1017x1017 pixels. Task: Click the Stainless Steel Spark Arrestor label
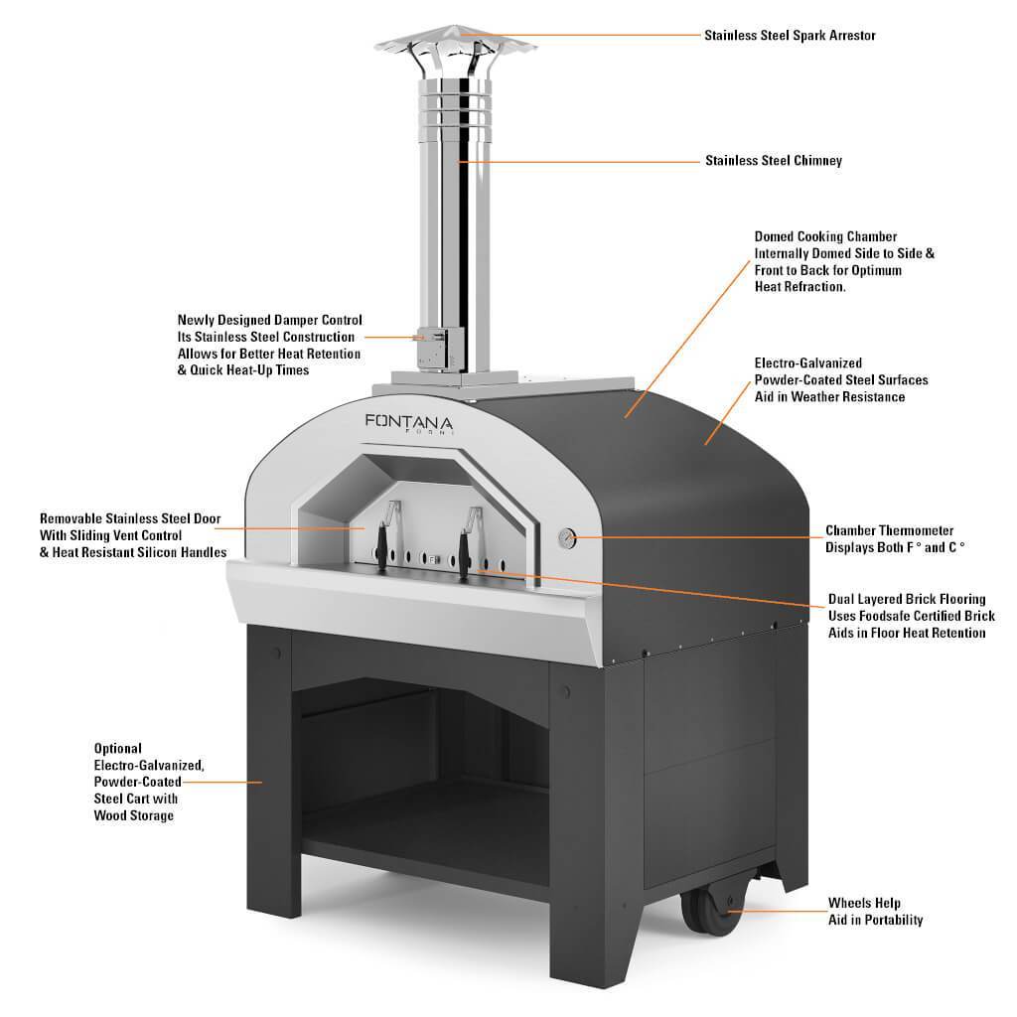tap(790, 36)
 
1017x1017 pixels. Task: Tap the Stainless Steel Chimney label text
tap(773, 160)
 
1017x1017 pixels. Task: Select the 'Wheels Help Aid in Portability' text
tap(875, 912)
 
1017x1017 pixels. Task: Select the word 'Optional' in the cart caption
tap(118, 748)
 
